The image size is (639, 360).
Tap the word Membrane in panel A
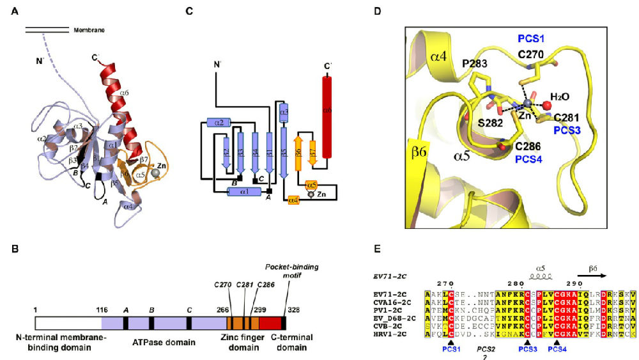click(x=89, y=30)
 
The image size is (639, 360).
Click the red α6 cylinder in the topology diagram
click(x=327, y=115)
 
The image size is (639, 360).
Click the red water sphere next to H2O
click(x=547, y=104)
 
